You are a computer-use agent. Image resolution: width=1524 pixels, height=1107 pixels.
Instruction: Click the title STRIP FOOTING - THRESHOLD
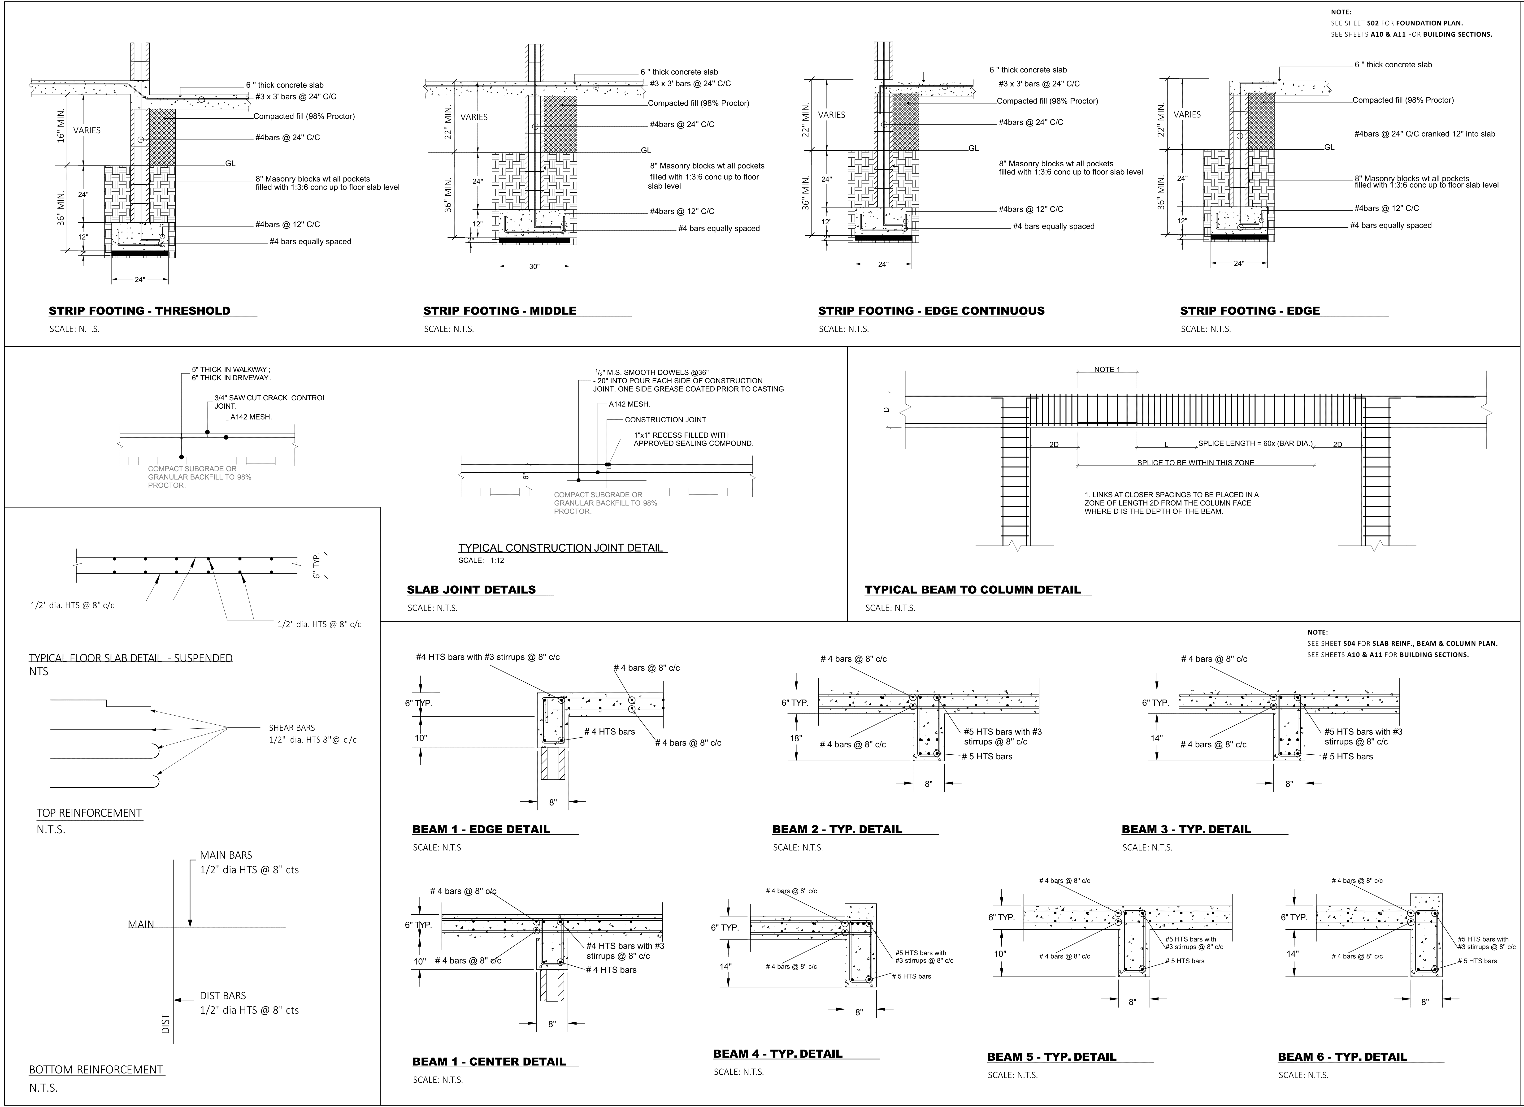point(139,311)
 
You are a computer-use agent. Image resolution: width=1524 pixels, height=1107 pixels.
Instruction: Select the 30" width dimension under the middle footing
point(534,267)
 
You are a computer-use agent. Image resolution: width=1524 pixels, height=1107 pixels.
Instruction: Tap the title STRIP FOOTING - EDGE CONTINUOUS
point(931,311)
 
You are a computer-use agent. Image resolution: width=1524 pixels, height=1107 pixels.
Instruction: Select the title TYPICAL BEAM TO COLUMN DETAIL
point(972,590)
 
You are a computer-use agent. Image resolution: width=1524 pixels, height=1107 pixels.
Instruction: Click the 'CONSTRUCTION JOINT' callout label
point(665,420)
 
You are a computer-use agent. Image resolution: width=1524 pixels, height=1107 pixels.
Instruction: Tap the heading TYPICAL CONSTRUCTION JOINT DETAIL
point(561,547)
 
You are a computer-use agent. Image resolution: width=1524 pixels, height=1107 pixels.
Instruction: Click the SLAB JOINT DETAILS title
point(471,590)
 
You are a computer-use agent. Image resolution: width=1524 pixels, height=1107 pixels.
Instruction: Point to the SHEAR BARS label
point(292,727)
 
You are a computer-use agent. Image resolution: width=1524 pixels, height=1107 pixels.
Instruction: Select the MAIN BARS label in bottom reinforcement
point(226,855)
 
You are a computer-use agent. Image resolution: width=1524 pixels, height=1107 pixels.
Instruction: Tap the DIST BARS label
point(222,995)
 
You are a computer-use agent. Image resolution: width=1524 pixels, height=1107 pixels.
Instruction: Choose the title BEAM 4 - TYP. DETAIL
point(777,1054)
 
